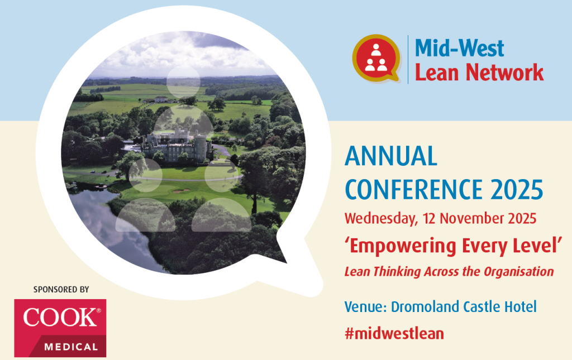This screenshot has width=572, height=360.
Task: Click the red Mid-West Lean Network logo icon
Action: click(x=376, y=58)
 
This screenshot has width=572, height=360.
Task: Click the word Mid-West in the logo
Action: click(x=459, y=48)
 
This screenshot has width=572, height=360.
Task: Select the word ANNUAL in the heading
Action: click(x=390, y=156)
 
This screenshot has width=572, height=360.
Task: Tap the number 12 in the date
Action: click(x=429, y=218)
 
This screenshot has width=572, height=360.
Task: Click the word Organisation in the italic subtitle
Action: click(x=518, y=272)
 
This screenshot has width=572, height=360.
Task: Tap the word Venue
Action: click(x=365, y=307)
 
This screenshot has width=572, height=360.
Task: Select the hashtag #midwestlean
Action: click(x=394, y=333)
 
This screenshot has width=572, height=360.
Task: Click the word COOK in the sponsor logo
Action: click(x=60, y=318)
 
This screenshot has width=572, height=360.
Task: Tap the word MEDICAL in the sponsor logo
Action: click(x=71, y=347)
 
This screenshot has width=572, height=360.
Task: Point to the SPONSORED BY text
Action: click(x=61, y=290)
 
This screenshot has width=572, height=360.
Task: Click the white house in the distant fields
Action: click(x=161, y=99)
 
